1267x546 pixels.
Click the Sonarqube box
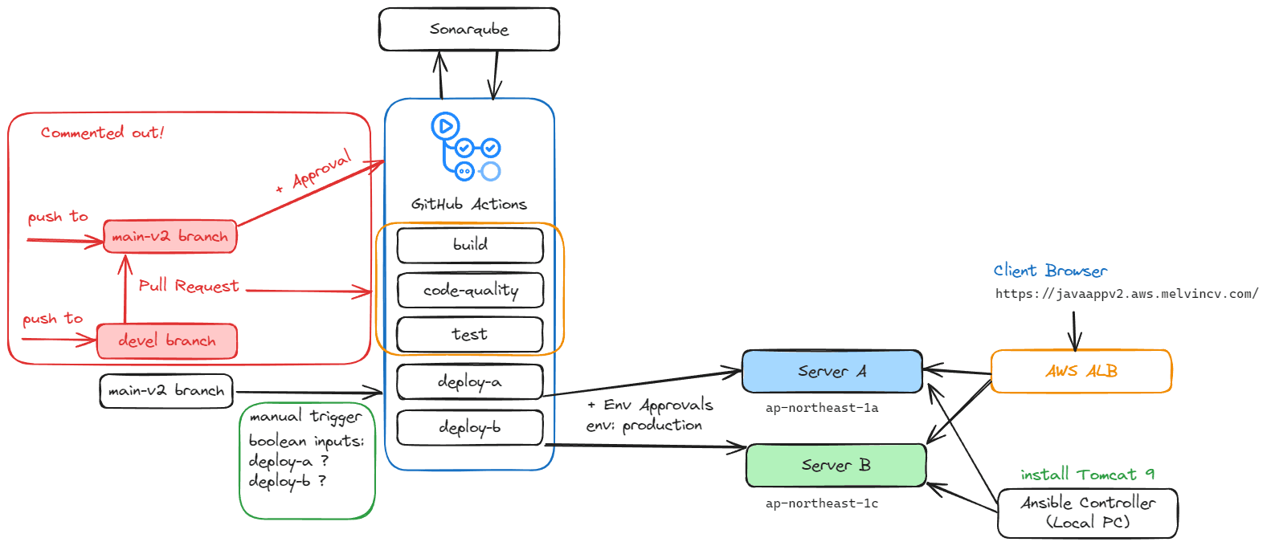[468, 30]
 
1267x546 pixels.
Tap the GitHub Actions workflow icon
[466, 147]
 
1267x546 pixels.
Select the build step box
[470, 245]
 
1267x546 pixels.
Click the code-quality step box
[470, 290]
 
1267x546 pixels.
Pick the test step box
[470, 334]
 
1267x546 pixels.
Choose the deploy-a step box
[470, 381]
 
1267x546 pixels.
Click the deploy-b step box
[470, 427]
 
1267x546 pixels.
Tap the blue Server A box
[832, 371]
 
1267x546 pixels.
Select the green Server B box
[836, 465]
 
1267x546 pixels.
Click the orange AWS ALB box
[1081, 371]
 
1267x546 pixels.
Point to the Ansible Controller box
[1087, 512]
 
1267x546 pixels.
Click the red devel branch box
[166, 341]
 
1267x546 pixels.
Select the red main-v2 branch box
[170, 237]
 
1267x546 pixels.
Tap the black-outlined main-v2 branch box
[166, 391]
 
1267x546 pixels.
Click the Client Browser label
[1049, 271]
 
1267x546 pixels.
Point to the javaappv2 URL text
[1126, 294]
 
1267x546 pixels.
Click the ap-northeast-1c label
[821, 503]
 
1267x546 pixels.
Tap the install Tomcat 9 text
[1087, 475]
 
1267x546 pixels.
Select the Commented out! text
[102, 132]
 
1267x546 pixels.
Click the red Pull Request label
[189, 286]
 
